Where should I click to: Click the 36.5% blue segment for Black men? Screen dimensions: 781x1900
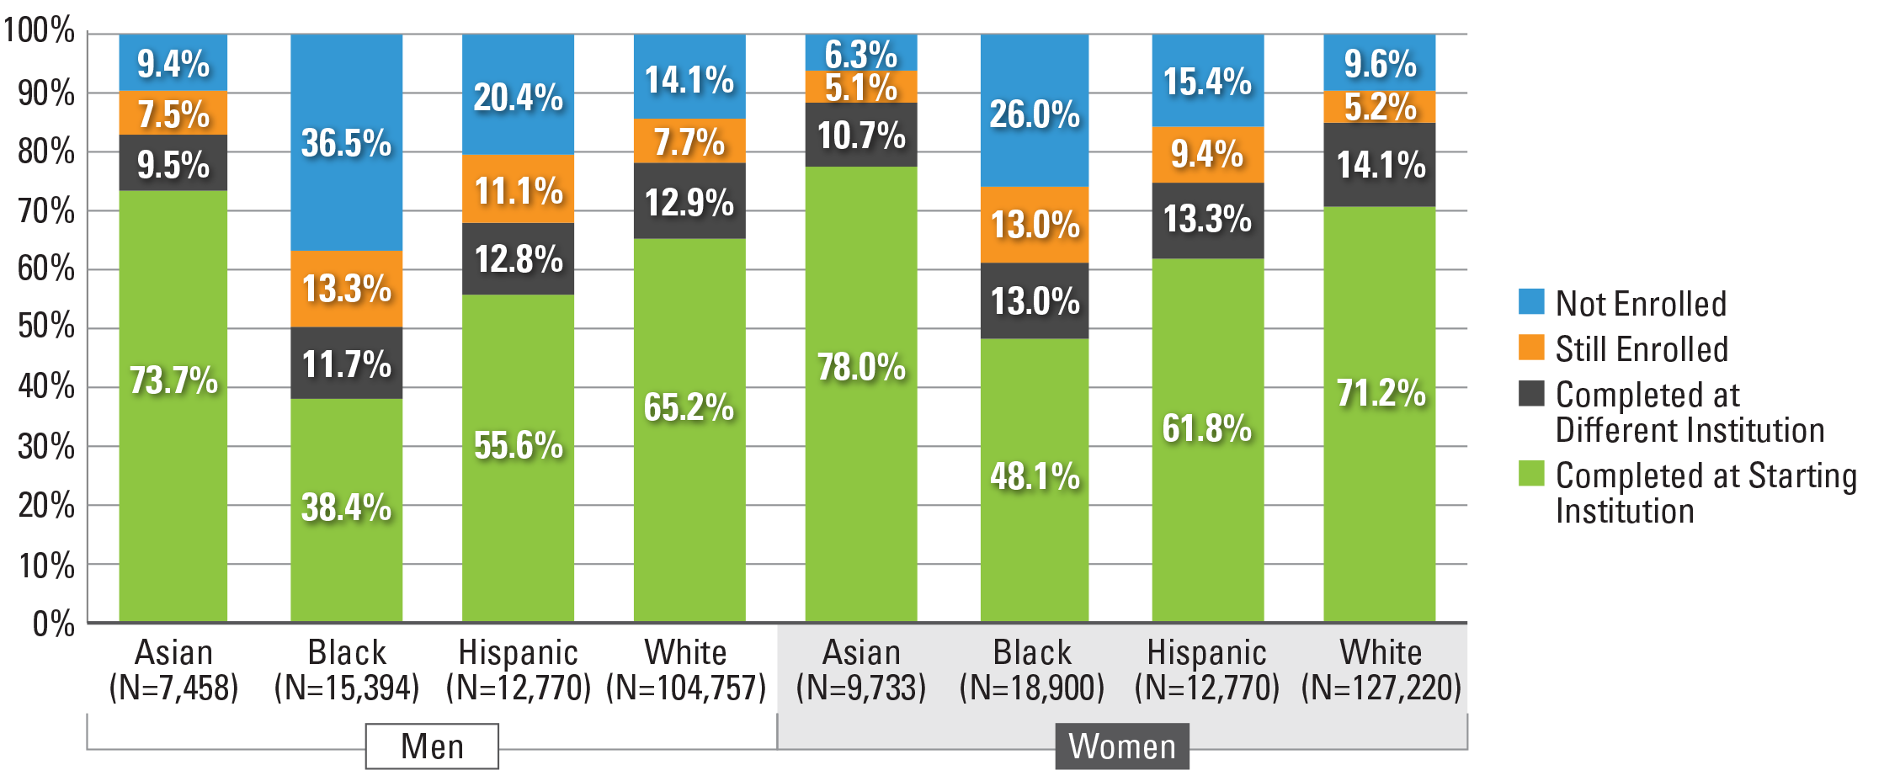click(x=346, y=142)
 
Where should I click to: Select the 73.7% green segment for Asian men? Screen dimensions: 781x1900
click(x=173, y=406)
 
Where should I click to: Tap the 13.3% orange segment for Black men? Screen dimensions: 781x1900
click(x=346, y=289)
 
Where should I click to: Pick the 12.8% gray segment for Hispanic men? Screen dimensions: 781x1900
click(x=518, y=258)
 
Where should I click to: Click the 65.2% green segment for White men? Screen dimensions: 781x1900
click(x=689, y=429)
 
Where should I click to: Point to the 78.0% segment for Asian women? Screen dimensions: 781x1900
click(x=860, y=394)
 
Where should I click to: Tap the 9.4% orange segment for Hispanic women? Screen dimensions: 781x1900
click(x=1207, y=155)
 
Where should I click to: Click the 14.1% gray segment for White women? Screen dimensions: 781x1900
click(x=1379, y=165)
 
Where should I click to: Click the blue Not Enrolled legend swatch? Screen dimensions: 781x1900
click(x=1531, y=301)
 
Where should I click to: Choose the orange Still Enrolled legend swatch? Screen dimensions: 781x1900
click(x=1531, y=347)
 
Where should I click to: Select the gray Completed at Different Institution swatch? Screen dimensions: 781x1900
click(x=1531, y=393)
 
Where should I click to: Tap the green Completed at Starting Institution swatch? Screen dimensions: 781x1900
click(x=1531, y=473)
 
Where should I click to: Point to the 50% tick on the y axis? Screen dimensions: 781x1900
click(x=47, y=327)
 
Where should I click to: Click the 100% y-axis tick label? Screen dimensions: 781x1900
click(x=40, y=32)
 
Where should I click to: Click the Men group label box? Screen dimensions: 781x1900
click(x=432, y=746)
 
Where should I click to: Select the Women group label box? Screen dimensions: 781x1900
click(x=1121, y=746)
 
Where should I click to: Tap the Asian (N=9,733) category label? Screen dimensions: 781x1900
click(x=860, y=670)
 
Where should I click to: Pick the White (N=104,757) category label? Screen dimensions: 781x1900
click(x=686, y=670)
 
